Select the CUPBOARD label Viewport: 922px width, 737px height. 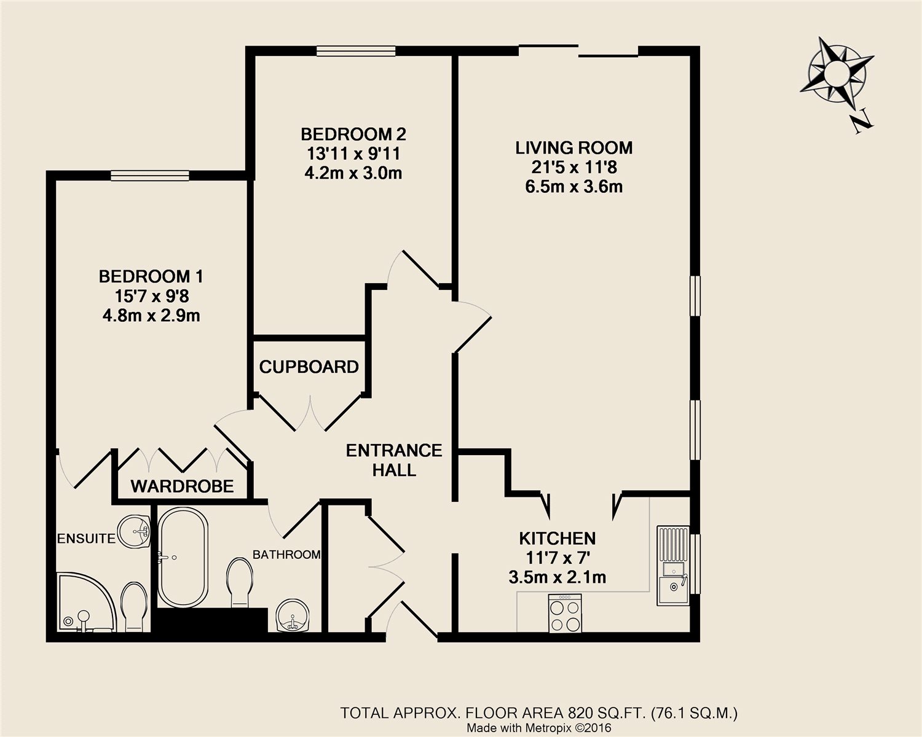pyautogui.click(x=309, y=367)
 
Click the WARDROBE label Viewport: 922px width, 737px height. pyautogui.click(x=183, y=486)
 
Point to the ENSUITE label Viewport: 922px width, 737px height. pyautogui.click(x=86, y=539)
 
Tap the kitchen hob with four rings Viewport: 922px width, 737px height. pyautogui.click(x=565, y=613)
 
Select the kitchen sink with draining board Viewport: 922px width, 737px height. pyautogui.click(x=673, y=565)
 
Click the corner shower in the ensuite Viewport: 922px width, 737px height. pyautogui.click(x=86, y=602)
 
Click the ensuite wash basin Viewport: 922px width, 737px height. pyautogui.click(x=133, y=531)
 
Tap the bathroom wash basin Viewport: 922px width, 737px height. pyautogui.click(x=292, y=615)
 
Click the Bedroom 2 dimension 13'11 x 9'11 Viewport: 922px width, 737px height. pyautogui.click(x=353, y=154)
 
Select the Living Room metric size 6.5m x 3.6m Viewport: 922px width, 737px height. pyautogui.click(x=574, y=187)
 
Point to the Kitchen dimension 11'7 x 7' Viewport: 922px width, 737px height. pyautogui.click(x=558, y=558)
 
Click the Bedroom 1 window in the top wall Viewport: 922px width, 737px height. pyautogui.click(x=150, y=176)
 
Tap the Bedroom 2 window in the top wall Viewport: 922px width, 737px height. pyautogui.click(x=356, y=51)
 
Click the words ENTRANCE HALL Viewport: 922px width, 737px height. pyautogui.click(x=394, y=461)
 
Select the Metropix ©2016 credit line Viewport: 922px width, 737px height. pyautogui.click(x=539, y=728)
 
